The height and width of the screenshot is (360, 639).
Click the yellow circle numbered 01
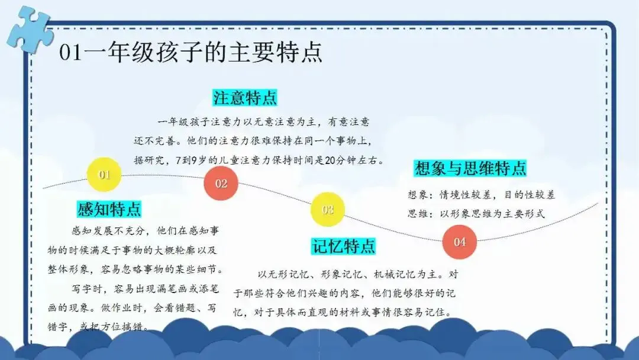(x=104, y=175)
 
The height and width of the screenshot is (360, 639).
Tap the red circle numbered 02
(x=221, y=184)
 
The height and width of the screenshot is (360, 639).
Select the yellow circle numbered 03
(x=328, y=210)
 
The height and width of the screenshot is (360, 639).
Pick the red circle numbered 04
(x=459, y=242)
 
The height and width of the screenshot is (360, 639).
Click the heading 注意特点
(x=245, y=98)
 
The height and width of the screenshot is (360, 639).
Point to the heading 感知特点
(x=109, y=209)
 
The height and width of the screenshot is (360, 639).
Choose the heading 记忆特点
(x=344, y=246)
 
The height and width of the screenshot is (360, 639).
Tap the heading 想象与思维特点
(x=470, y=168)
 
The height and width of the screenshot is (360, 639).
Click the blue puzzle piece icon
(x=30, y=30)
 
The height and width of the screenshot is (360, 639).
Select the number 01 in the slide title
(x=70, y=52)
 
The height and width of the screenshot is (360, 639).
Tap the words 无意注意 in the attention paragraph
(x=275, y=122)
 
